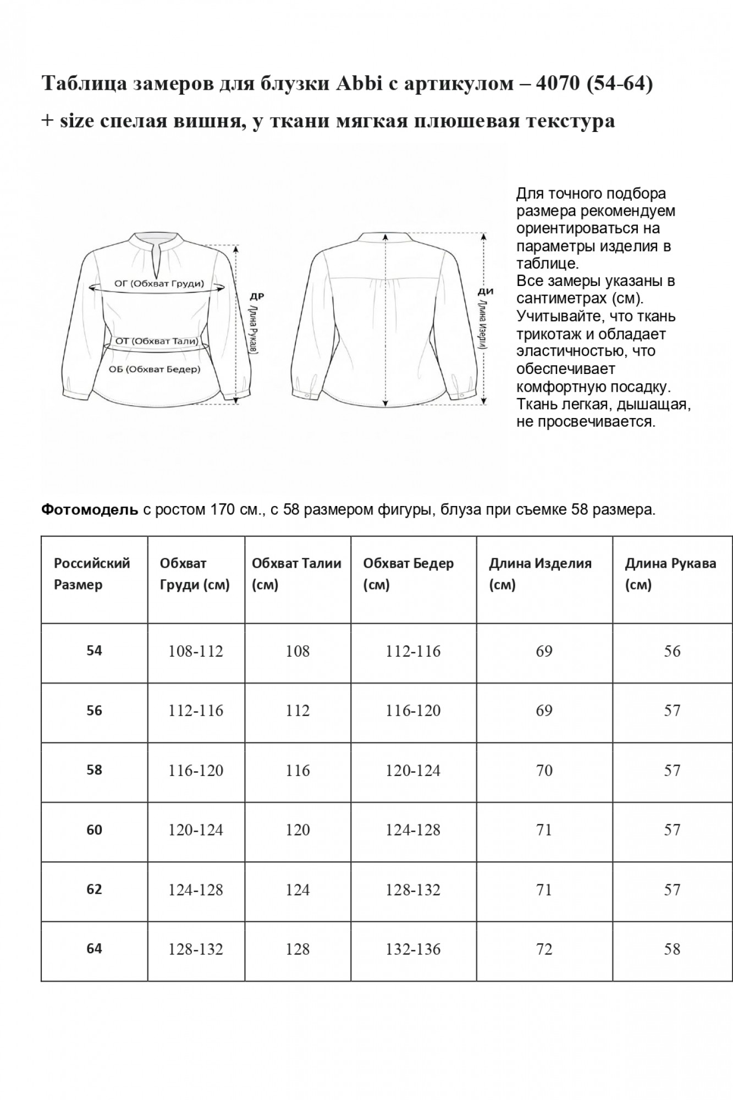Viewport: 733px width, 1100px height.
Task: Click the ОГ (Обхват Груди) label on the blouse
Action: click(159, 284)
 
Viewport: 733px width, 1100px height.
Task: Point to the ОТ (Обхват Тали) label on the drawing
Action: click(157, 341)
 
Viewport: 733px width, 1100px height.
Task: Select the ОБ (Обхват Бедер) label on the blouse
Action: click(155, 370)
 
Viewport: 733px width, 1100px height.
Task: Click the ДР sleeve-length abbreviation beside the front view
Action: click(257, 296)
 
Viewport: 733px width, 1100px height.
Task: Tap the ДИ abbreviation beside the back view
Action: click(486, 291)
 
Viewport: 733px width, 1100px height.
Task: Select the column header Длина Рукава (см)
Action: click(670, 574)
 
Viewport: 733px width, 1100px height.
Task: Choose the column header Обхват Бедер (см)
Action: click(408, 574)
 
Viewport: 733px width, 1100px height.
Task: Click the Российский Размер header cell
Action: click(92, 574)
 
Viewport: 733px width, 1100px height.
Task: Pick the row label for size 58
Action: click(94, 770)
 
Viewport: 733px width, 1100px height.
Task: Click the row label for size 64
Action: click(94, 949)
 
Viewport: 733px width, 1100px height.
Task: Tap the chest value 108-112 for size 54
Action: click(196, 651)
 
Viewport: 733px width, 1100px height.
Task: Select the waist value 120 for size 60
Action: click(297, 830)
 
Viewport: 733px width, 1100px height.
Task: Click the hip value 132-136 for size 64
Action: click(413, 949)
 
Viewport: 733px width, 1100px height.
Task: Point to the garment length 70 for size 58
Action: click(544, 771)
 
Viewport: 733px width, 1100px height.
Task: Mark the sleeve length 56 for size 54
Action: click(672, 651)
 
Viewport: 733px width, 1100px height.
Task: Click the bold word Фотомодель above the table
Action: click(90, 510)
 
